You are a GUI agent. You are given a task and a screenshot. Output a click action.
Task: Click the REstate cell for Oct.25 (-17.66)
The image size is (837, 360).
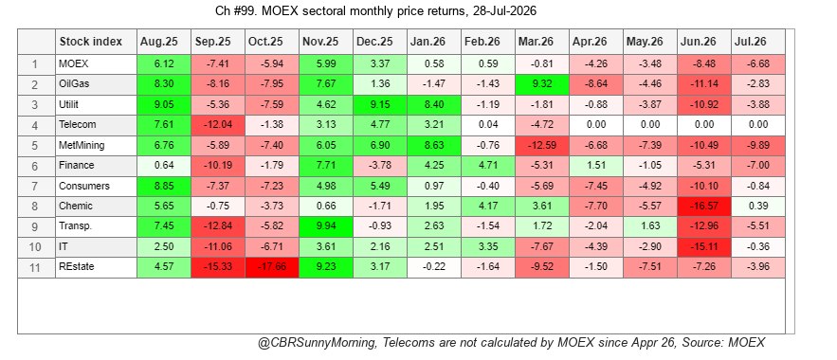pyautogui.click(x=272, y=267)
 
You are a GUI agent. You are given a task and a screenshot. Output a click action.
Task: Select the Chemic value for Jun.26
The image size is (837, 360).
pyautogui.click(x=704, y=207)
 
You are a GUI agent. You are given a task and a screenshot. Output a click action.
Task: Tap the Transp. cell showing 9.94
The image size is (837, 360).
pyautogui.click(x=326, y=226)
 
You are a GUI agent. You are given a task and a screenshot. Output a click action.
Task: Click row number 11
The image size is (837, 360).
pyautogui.click(x=36, y=267)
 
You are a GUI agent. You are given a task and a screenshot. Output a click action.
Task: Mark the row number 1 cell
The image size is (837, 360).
pyautogui.click(x=36, y=64)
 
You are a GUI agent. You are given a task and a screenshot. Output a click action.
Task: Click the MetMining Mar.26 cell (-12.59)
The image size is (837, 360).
pyautogui.click(x=542, y=146)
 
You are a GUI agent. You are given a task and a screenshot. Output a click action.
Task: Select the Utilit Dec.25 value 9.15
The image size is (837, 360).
pyautogui.click(x=380, y=105)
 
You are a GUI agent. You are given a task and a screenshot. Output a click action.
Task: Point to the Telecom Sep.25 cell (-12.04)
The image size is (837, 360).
pyautogui.click(x=218, y=125)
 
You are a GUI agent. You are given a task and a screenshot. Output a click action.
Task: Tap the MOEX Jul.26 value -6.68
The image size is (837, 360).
pyautogui.click(x=758, y=64)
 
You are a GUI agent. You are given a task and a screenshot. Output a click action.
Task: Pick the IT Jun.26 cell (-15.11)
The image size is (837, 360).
pyautogui.click(x=704, y=247)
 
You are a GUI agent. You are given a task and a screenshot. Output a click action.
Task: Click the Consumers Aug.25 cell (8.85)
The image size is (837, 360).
pyautogui.click(x=164, y=186)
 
